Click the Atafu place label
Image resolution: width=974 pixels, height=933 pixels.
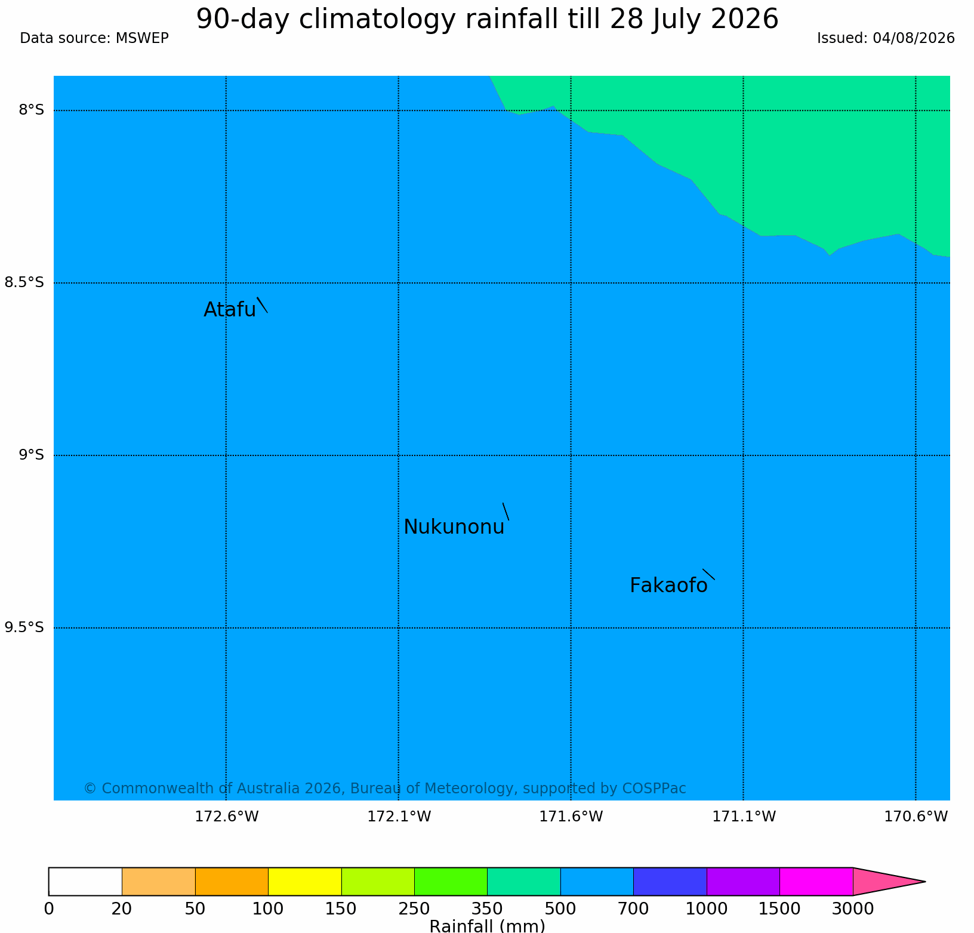[x=230, y=310]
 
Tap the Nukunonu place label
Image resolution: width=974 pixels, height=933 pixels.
[x=454, y=527]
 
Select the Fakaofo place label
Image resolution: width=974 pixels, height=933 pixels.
[x=668, y=586]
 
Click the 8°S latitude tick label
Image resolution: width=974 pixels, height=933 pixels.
[x=31, y=110]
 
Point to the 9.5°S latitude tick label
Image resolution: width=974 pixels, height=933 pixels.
[x=24, y=627]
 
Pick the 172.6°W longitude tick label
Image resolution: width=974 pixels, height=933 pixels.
[x=227, y=816]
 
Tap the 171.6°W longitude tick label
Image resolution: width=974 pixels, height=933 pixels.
[x=571, y=816]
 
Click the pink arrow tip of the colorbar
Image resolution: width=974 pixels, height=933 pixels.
[x=925, y=882]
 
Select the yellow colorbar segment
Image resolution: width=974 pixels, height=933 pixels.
[x=305, y=882]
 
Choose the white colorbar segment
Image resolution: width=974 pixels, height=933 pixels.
[x=85, y=882]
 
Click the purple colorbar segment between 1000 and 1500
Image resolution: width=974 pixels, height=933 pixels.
[x=743, y=882]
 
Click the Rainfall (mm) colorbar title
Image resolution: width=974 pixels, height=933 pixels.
[x=487, y=926]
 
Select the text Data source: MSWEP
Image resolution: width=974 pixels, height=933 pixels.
[x=94, y=38]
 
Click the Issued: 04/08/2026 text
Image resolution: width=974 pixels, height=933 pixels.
[x=886, y=38]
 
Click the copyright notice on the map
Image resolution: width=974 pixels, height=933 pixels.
[x=385, y=789]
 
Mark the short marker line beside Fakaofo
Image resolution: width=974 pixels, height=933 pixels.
[x=708, y=574]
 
